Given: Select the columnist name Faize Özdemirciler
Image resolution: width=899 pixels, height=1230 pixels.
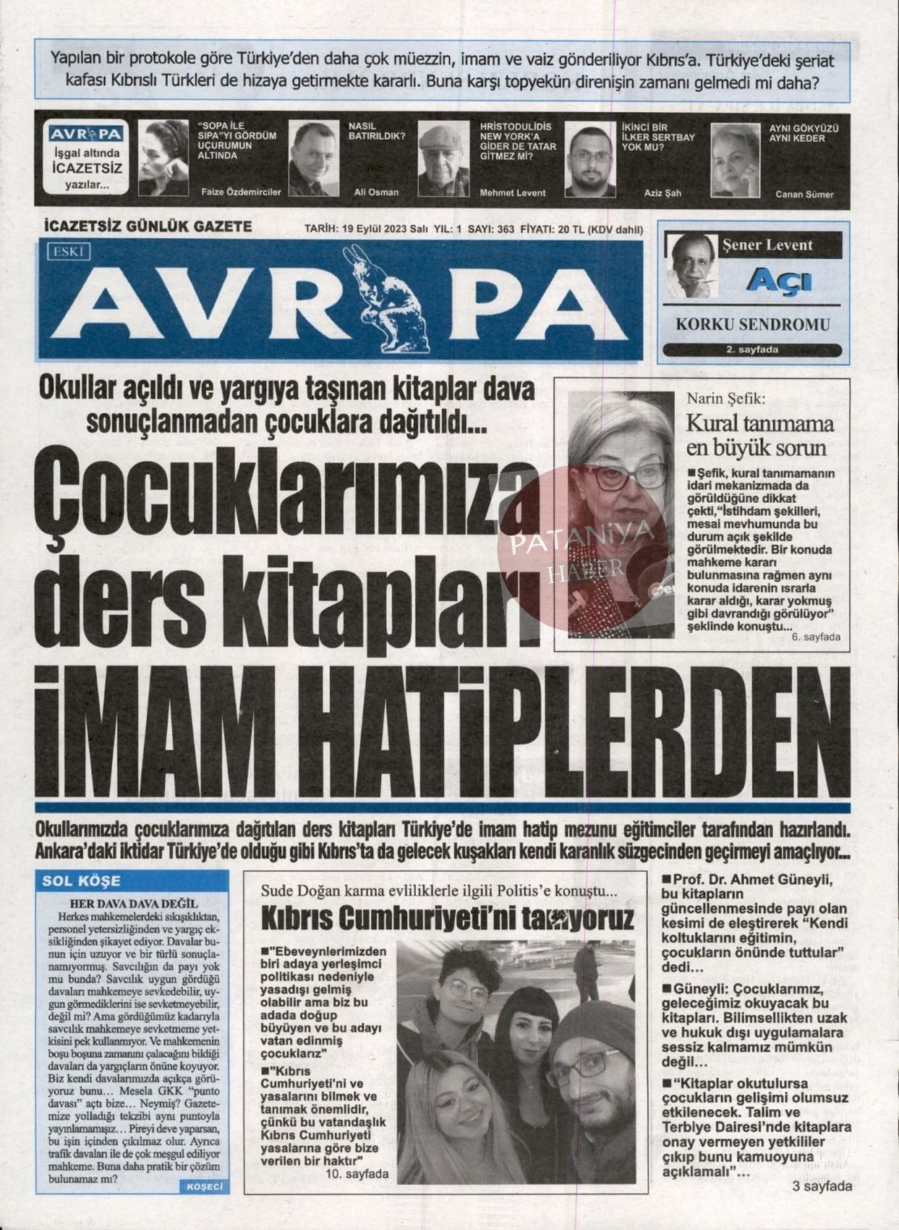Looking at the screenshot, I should (239, 192).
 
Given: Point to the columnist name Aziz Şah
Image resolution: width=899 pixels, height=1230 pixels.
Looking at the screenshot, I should (662, 193).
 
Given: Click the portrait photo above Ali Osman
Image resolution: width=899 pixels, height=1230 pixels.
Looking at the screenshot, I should (313, 158).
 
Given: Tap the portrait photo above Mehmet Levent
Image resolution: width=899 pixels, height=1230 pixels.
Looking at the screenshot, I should (443, 159).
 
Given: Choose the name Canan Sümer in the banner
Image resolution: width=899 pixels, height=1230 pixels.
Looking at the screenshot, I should (804, 194).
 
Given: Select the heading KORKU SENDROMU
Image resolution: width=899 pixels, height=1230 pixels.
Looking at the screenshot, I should (752, 325).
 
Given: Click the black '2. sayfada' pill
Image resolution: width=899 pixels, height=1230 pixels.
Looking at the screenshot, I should (751, 350).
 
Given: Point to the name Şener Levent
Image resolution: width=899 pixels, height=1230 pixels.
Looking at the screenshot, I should (767, 245).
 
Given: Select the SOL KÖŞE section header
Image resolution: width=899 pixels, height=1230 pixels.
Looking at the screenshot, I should (82, 881).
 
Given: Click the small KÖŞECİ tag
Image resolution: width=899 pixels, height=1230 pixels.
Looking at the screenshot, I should (205, 1187).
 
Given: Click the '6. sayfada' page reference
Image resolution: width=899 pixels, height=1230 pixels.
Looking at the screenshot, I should (815, 637).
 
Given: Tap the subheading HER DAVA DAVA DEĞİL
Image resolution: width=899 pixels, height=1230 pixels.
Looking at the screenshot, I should (133, 904).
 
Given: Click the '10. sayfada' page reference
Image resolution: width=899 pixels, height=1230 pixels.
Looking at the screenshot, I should (357, 1174).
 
